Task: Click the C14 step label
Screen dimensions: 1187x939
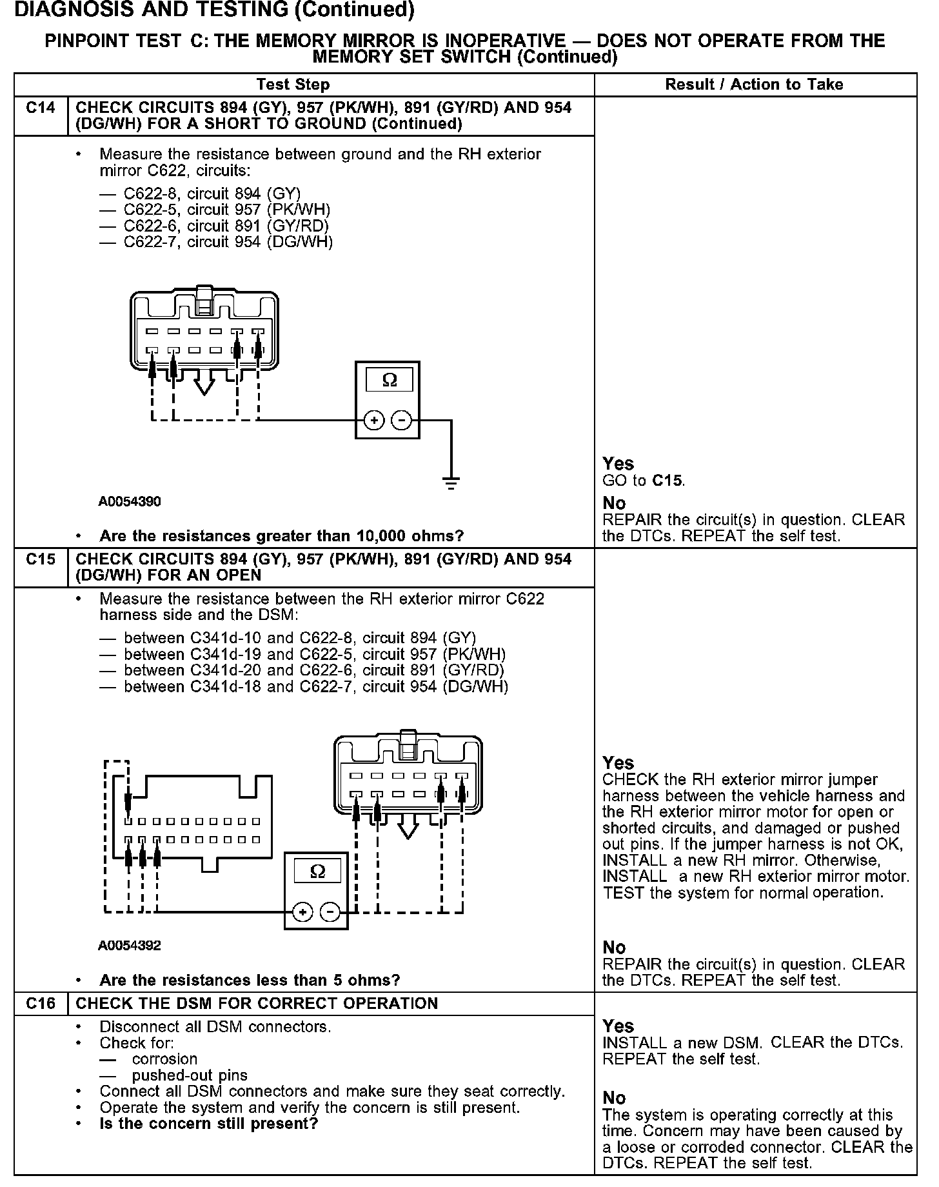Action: pyautogui.click(x=41, y=108)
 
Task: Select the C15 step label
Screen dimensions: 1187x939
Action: pyautogui.click(x=41, y=559)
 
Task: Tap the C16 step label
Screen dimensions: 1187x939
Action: pyautogui.click(x=41, y=1003)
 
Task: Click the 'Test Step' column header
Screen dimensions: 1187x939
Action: pyautogui.click(x=293, y=85)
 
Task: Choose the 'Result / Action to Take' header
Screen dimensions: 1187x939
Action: pyautogui.click(x=754, y=85)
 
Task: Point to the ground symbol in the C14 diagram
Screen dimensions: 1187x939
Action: pyautogui.click(x=451, y=483)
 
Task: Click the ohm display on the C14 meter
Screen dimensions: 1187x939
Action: pyautogui.click(x=390, y=380)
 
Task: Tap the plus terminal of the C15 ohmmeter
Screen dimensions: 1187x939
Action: pyautogui.click(x=302, y=912)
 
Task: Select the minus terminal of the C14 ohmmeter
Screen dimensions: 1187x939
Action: pyautogui.click(x=401, y=421)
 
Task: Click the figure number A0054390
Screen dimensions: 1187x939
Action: pyautogui.click(x=130, y=501)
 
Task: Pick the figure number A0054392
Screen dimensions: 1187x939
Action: pyautogui.click(x=130, y=946)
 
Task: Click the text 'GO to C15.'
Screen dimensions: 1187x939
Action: pyautogui.click(x=644, y=481)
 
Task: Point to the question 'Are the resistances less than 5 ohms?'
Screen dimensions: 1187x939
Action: pyautogui.click(x=250, y=981)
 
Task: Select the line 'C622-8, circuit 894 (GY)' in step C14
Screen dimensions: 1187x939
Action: pyautogui.click(x=212, y=194)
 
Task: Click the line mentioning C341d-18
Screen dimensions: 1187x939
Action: pyautogui.click(x=316, y=687)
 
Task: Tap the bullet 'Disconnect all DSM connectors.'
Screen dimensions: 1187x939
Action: pyautogui.click(x=215, y=1026)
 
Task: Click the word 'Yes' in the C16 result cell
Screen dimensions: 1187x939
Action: pyautogui.click(x=618, y=1026)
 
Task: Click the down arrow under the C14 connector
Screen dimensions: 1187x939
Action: pyautogui.click(x=204, y=385)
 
